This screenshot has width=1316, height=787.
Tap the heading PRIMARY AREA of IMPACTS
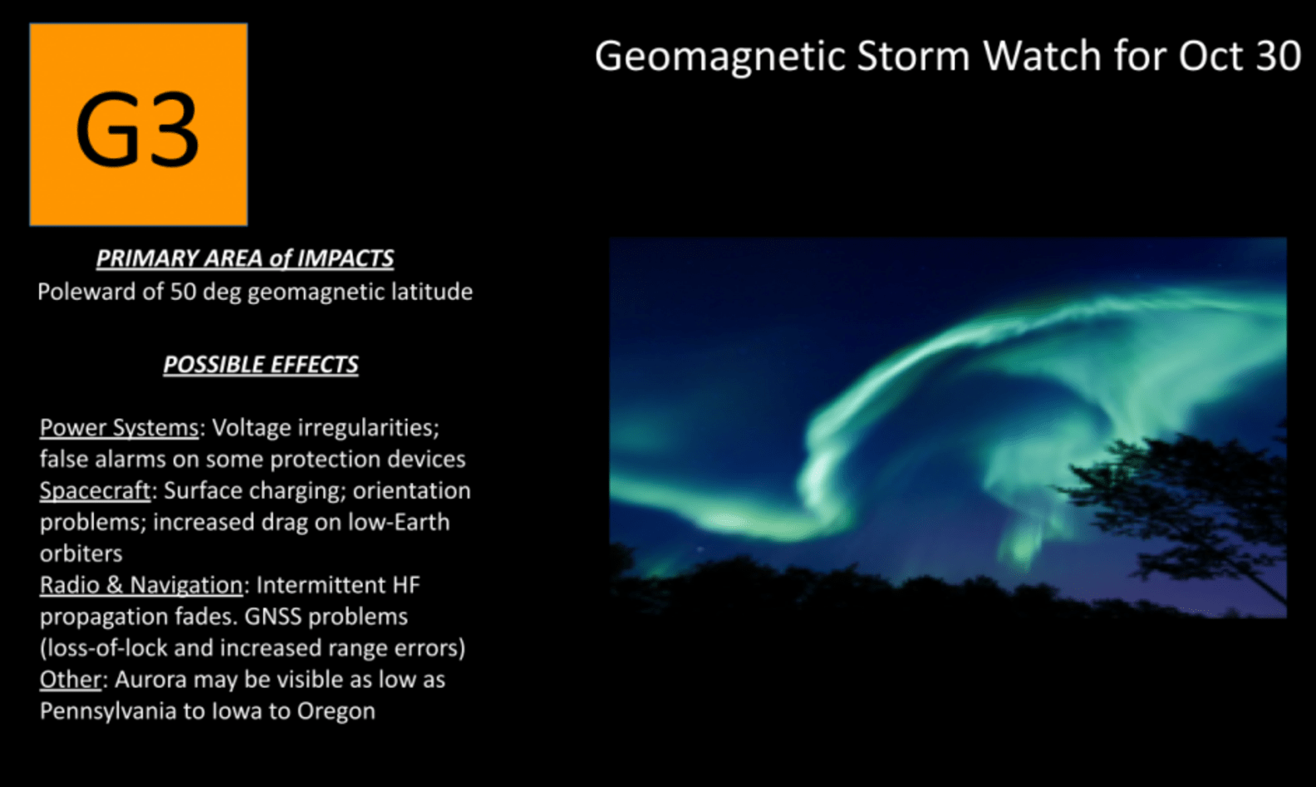tap(244, 258)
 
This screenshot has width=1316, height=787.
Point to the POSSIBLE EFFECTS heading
tap(260, 365)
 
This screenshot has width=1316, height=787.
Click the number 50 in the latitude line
tap(183, 292)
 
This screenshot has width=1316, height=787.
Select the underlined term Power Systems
tap(119, 428)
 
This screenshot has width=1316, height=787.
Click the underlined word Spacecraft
tap(95, 491)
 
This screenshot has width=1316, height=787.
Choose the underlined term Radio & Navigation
tap(140, 586)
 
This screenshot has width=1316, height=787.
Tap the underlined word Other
tap(70, 680)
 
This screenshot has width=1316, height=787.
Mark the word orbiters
tap(81, 554)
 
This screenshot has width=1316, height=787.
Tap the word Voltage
tap(251, 428)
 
